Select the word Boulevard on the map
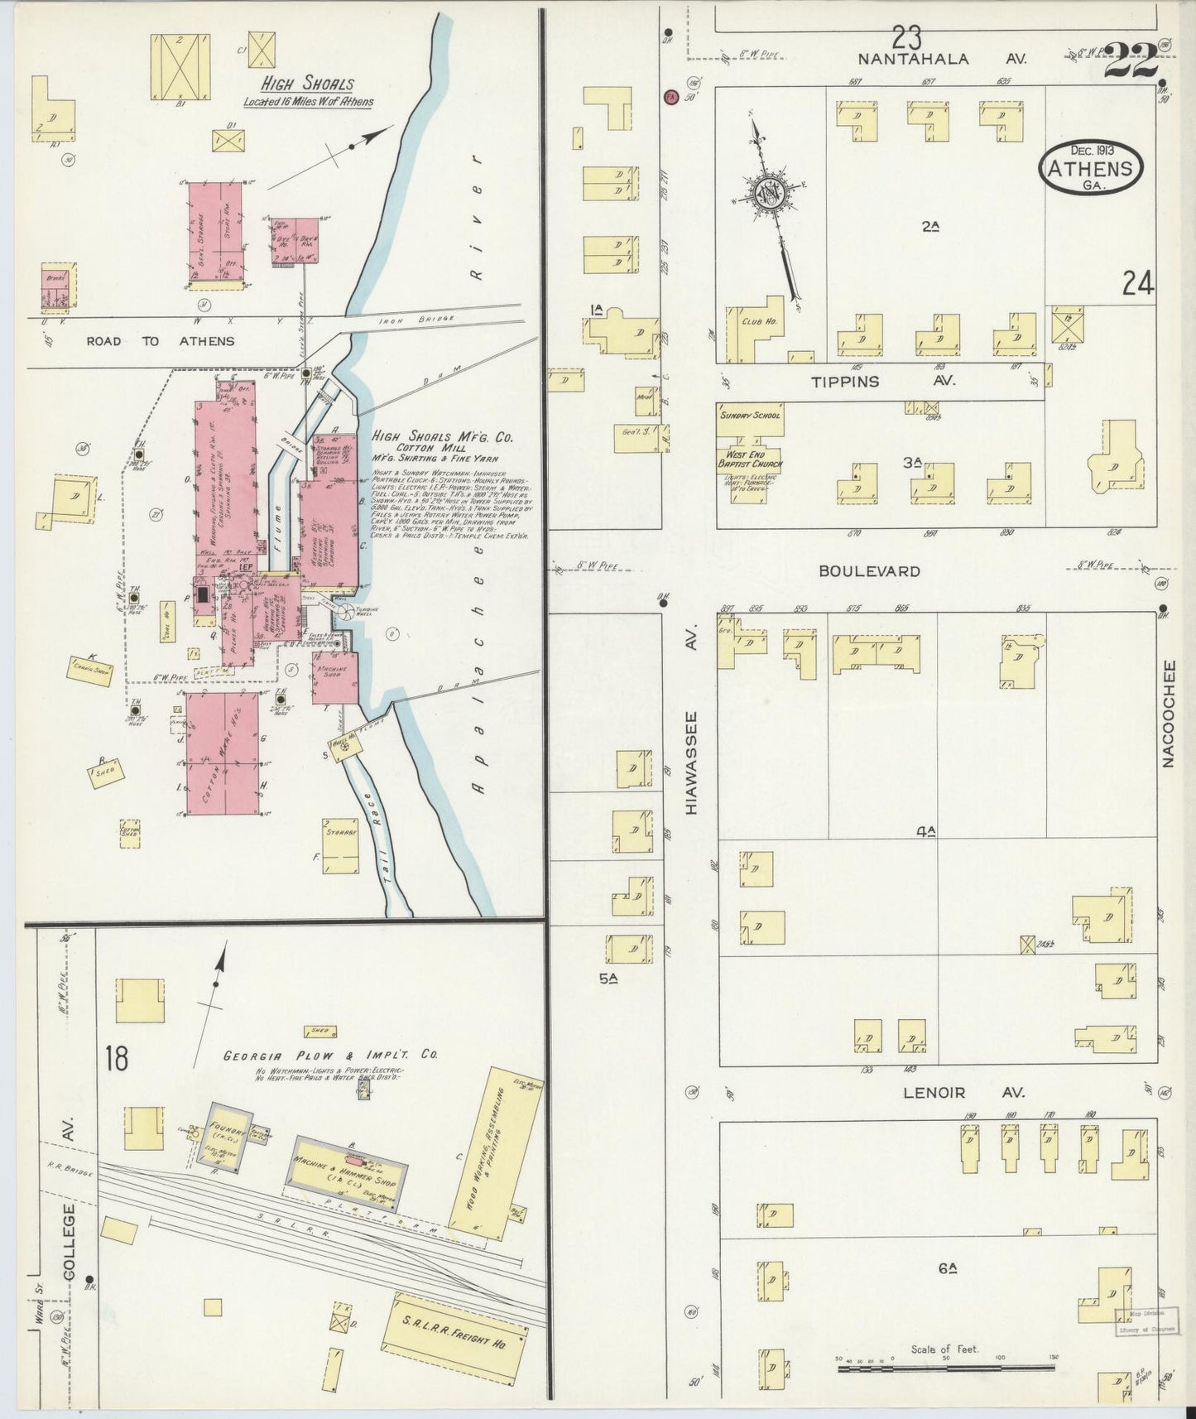(x=869, y=571)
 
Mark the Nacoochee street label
(x=1169, y=714)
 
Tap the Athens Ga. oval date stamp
(x=1091, y=168)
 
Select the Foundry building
(x=219, y=1137)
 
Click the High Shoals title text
(x=307, y=84)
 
